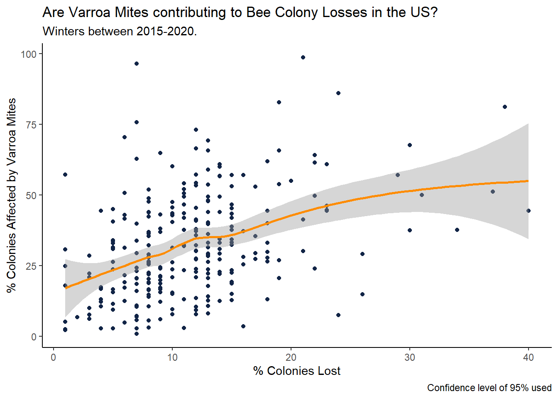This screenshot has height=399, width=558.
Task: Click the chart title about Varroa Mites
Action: click(x=240, y=12)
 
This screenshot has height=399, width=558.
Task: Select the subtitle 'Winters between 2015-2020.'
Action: click(x=120, y=31)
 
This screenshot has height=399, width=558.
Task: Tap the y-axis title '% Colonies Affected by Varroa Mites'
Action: click(x=11, y=195)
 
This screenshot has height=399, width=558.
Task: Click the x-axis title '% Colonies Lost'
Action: click(x=296, y=371)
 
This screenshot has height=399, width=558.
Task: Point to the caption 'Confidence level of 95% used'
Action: click(x=489, y=388)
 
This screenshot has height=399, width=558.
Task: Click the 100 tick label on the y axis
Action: click(x=29, y=54)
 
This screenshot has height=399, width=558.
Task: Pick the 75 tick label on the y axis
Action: click(x=31, y=125)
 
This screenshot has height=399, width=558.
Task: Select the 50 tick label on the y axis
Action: click(x=31, y=195)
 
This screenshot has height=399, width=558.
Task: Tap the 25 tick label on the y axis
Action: click(x=31, y=266)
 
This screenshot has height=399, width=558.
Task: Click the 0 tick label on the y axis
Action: click(x=34, y=337)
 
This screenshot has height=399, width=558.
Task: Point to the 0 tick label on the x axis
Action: click(x=54, y=357)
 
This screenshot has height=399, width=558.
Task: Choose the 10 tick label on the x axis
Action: click(x=172, y=357)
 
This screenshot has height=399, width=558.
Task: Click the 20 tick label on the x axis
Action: click(x=291, y=357)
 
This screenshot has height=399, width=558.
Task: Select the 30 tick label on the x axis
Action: click(x=409, y=357)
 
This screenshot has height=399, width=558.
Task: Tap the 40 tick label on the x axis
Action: click(x=528, y=357)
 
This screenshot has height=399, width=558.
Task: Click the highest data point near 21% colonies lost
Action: click(x=303, y=57)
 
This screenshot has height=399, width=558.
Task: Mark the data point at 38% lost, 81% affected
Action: click(x=505, y=107)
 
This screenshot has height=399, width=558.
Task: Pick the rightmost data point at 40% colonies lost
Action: click(x=529, y=211)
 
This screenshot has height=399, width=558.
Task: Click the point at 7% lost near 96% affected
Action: click(x=137, y=64)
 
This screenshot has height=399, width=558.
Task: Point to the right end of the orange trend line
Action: click(x=528, y=181)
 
